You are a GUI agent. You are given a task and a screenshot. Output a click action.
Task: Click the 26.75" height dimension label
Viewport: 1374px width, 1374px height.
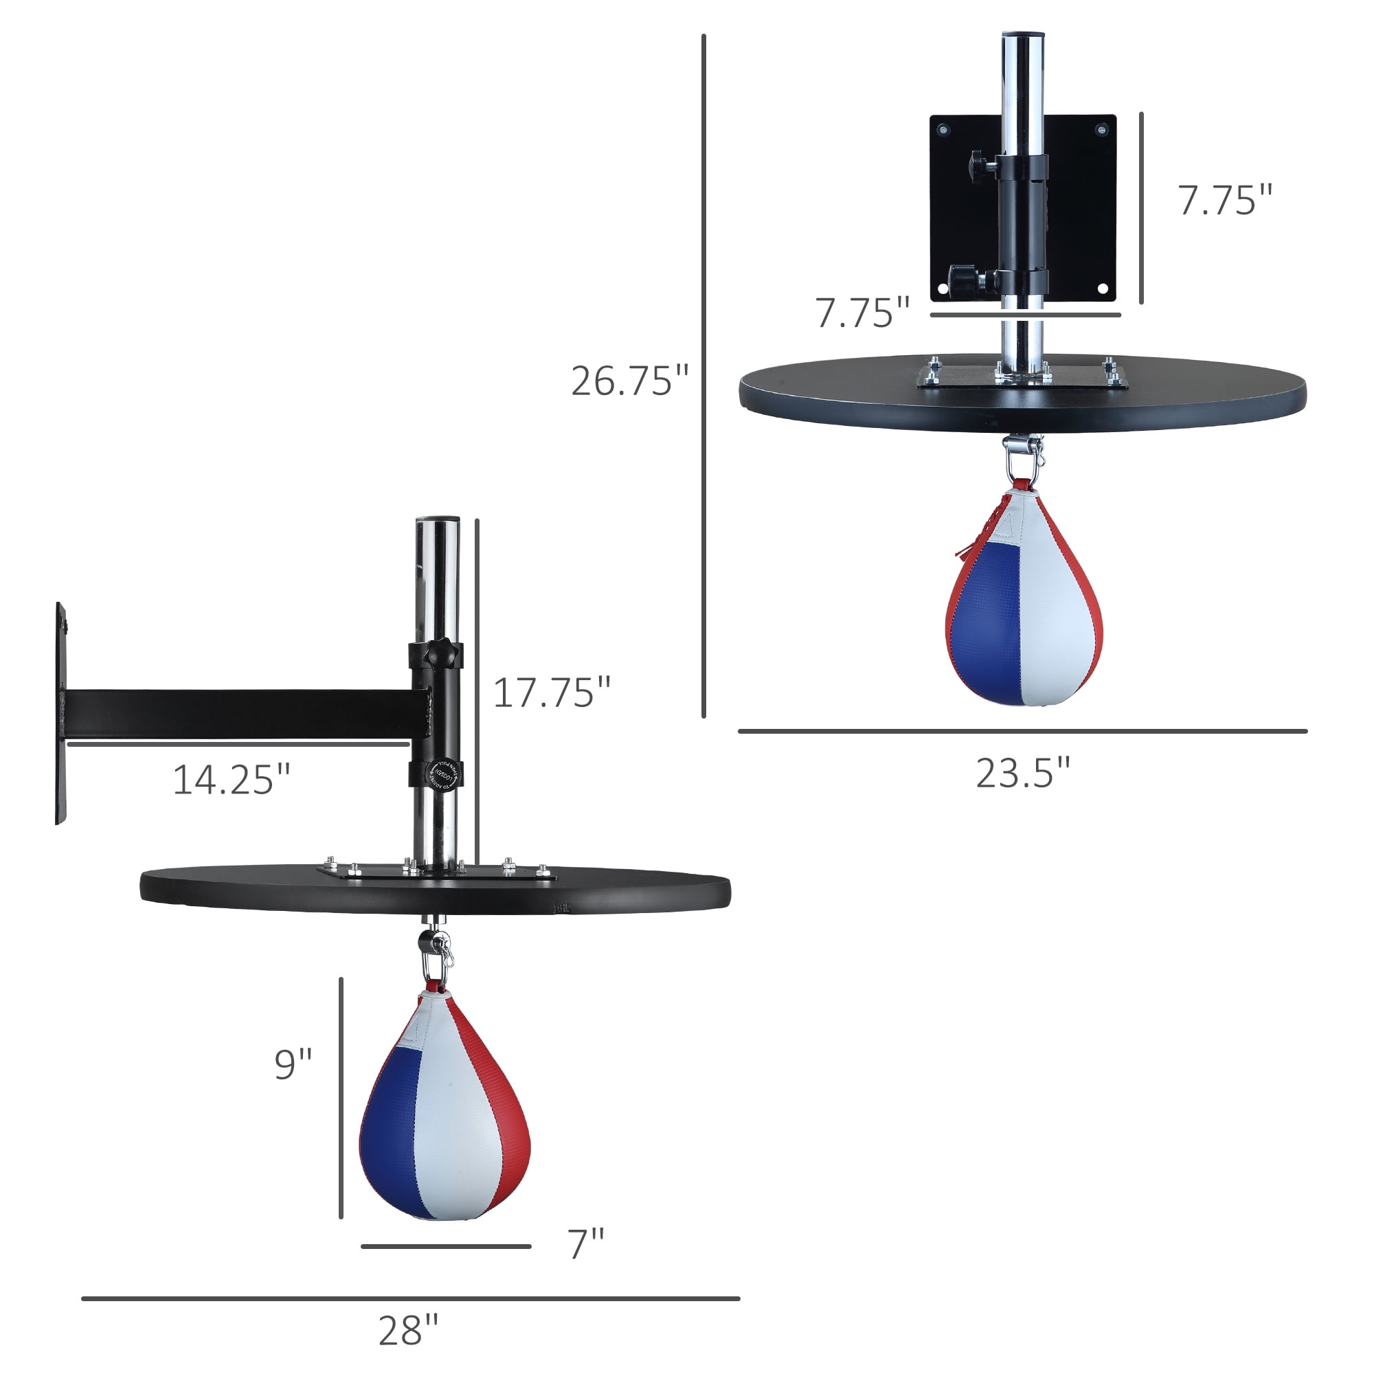coord(630,381)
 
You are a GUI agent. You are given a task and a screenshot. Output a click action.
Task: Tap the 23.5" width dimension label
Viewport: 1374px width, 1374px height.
coord(1023,774)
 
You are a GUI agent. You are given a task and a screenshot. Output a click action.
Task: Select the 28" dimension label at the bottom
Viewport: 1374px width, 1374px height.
coord(408,1331)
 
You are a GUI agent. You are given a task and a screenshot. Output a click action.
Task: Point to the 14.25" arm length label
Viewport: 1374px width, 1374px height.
coord(232,780)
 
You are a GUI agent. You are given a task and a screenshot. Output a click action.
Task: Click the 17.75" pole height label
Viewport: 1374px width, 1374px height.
coord(552,692)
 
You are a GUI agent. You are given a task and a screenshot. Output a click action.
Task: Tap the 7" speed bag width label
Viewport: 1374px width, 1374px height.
coord(586,1245)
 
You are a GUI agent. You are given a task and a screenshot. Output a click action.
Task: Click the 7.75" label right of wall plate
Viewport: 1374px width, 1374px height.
coord(1225,201)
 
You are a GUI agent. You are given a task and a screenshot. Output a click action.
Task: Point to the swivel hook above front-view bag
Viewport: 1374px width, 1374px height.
coord(1023,455)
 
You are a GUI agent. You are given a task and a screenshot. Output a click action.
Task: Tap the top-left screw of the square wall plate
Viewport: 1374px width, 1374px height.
coord(944,131)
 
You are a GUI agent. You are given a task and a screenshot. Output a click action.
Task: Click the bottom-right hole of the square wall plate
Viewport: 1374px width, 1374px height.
coord(1103,289)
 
